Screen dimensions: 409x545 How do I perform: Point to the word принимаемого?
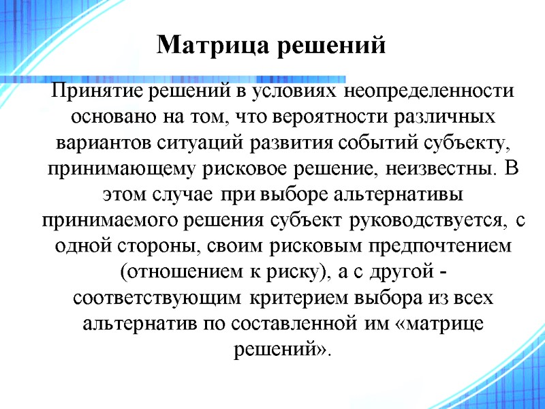point(104,219)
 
